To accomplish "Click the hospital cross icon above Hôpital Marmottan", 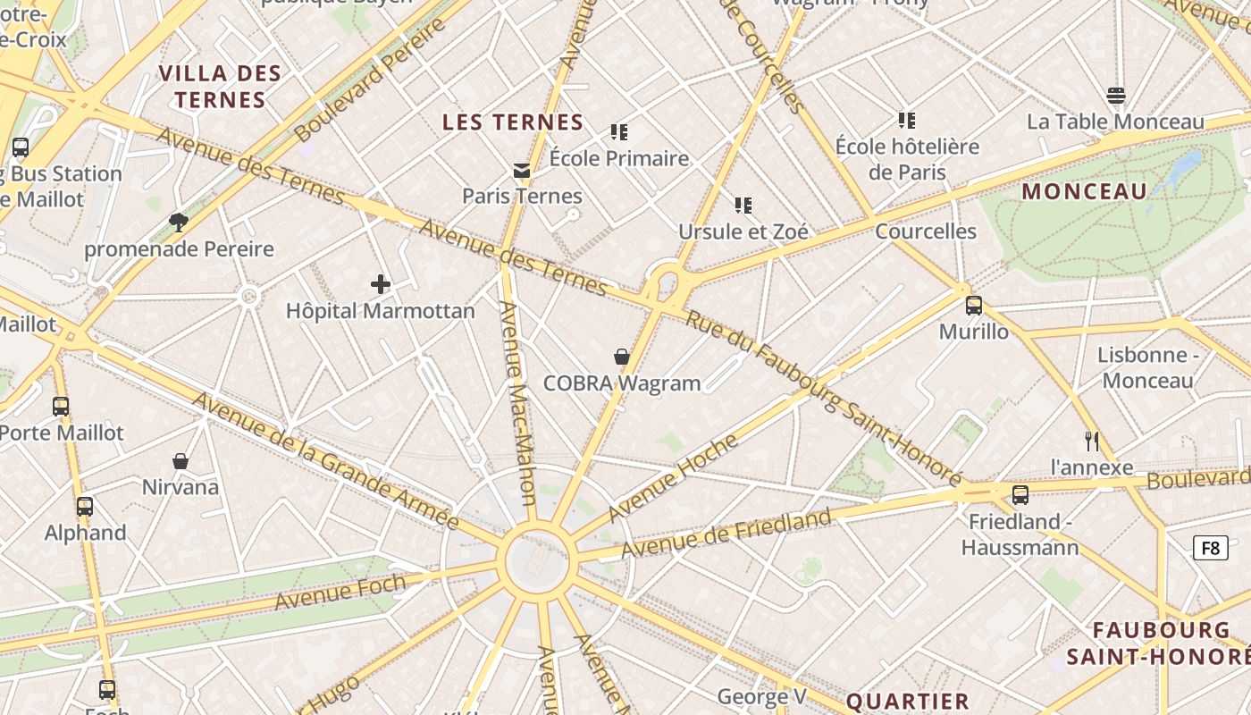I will point(381,285).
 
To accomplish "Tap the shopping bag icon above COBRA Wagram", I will point(622,357).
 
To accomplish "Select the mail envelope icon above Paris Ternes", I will point(522,171).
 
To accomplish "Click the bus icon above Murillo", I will point(974,306).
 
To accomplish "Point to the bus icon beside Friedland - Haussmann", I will point(1020,495).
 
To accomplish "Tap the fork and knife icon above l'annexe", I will point(1091,441).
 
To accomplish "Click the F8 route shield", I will point(1210,548).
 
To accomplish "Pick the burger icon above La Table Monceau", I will point(1115,96).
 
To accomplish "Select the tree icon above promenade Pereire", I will point(179,223).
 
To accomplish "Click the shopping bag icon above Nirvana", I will point(181,461).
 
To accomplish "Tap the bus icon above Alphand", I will point(85,507).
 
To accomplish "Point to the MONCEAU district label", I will point(1084,191).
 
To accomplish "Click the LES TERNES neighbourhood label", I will point(513,122).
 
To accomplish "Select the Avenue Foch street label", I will point(340,593).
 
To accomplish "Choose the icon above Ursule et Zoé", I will point(743,206).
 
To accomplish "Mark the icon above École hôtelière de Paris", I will point(907,120).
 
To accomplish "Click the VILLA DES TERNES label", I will point(221,87).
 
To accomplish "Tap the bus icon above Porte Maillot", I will point(61,407).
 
